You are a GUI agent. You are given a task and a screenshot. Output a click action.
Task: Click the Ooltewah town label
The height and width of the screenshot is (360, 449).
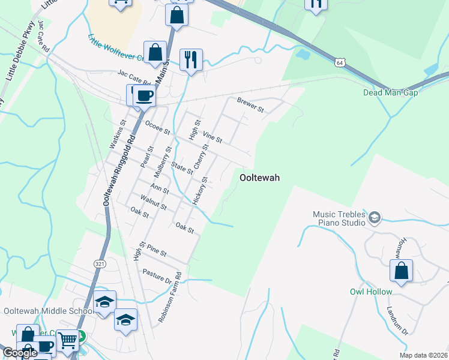click(261, 178)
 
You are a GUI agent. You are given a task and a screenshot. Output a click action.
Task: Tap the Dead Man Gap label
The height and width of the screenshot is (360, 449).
click(390, 92)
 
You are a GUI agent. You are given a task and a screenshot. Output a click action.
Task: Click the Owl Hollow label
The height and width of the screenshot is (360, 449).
click(371, 292)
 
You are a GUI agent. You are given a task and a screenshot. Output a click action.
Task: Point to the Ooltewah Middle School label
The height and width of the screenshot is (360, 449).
click(47, 310)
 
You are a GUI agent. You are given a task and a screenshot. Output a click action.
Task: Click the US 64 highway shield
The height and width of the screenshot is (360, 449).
click(340, 62)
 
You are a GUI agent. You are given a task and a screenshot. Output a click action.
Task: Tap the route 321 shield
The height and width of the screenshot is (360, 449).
click(100, 263)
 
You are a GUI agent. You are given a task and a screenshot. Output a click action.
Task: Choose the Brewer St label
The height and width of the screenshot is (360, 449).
click(250, 105)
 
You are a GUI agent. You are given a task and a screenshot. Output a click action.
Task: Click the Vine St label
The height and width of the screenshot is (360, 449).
click(212, 137)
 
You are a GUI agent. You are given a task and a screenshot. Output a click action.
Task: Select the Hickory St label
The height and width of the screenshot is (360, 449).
click(200, 191)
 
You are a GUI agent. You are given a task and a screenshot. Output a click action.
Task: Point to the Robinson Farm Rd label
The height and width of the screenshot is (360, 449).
click(169, 298)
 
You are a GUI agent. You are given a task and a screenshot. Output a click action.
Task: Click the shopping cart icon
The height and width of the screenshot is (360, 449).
click(68, 340)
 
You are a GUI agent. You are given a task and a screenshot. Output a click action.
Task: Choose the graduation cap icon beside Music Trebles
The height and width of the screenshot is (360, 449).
click(375, 217)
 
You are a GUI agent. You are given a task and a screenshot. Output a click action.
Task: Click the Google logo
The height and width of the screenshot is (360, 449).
click(20, 353)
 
